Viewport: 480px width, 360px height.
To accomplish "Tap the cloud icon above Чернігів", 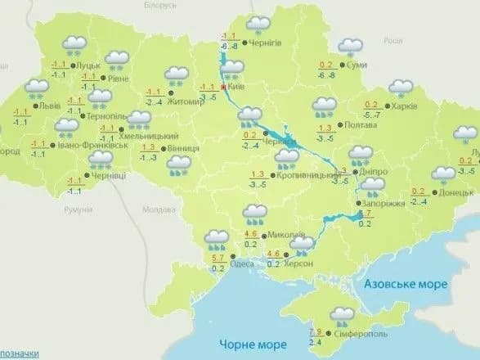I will pos(260,25).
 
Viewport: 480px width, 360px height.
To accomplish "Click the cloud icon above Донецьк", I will pos(445,174).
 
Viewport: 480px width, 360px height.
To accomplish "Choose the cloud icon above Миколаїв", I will pos(257,215).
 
